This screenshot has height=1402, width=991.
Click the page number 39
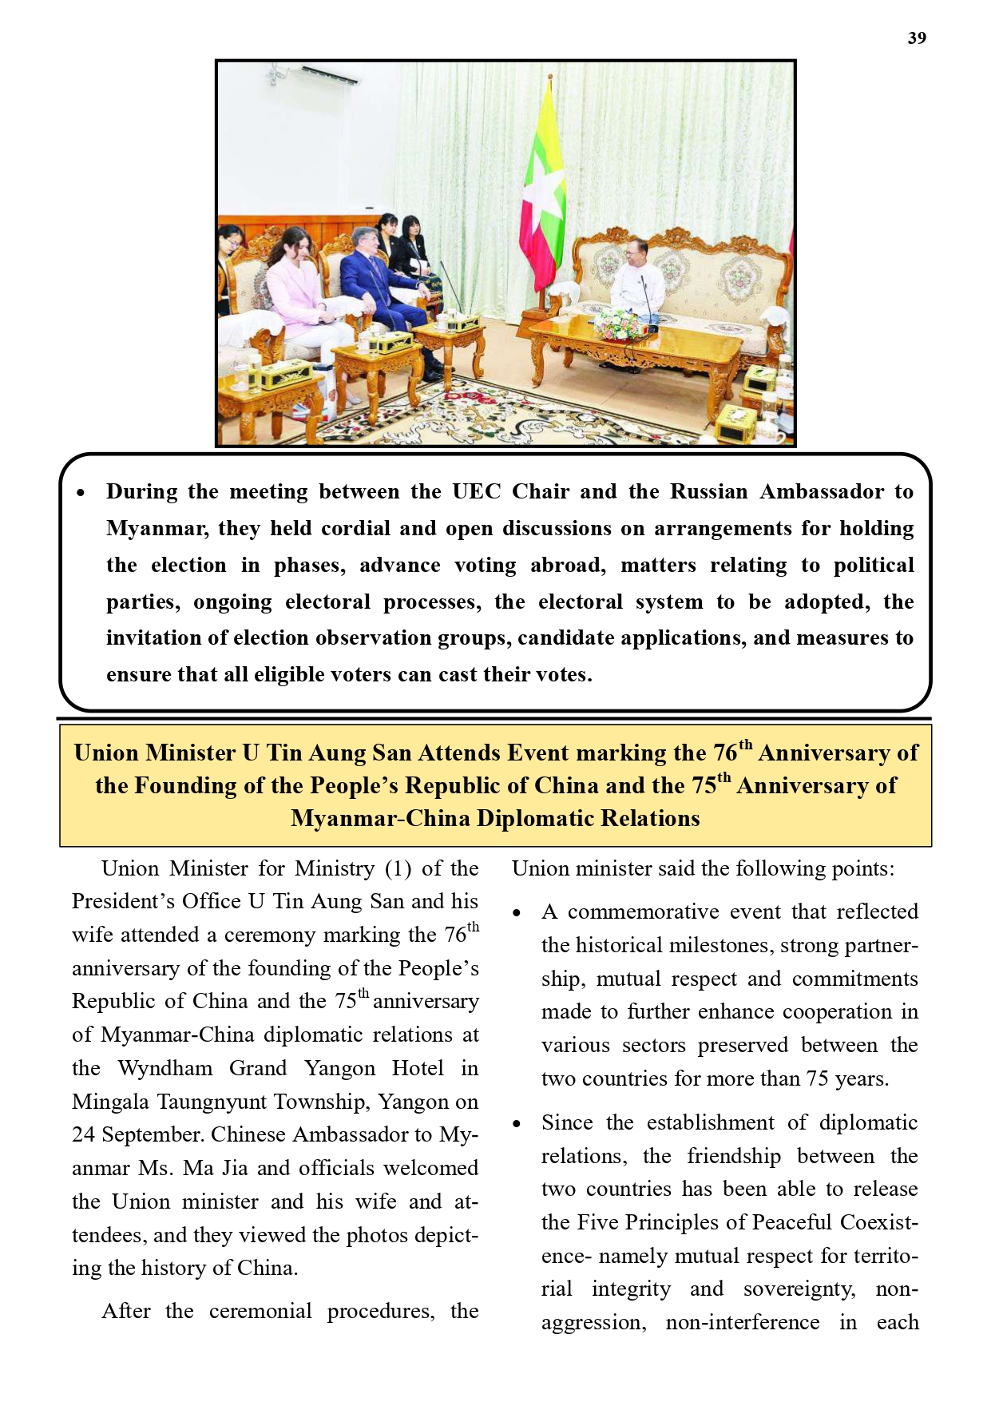tap(916, 38)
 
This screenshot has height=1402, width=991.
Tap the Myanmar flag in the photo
tap(543, 184)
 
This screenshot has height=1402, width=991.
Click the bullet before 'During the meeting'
tap(80, 493)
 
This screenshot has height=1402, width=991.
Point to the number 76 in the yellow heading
tap(725, 753)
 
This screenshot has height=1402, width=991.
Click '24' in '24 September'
tap(83, 1135)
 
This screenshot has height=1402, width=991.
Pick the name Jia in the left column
tap(235, 1169)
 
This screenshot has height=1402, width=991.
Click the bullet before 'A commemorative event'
tap(517, 913)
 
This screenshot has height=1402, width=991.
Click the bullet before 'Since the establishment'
tap(517, 1124)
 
